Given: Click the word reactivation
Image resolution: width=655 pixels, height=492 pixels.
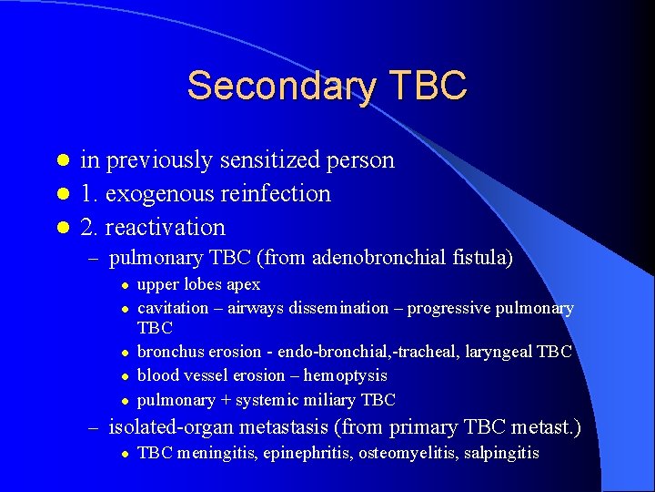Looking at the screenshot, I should [166, 227].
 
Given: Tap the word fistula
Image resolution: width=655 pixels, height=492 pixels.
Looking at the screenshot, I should [479, 259].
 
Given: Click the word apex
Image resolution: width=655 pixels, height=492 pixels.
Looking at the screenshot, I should [243, 285].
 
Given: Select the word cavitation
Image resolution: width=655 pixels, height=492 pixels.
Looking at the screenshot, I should [171, 308].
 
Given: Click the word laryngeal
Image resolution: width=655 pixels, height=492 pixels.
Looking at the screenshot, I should [500, 352].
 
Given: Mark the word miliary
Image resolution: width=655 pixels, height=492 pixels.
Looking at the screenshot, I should [334, 400].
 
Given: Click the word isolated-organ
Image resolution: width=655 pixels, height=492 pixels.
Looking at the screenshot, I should [169, 426].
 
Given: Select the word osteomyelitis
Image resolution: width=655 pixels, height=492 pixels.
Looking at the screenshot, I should [388, 453].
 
